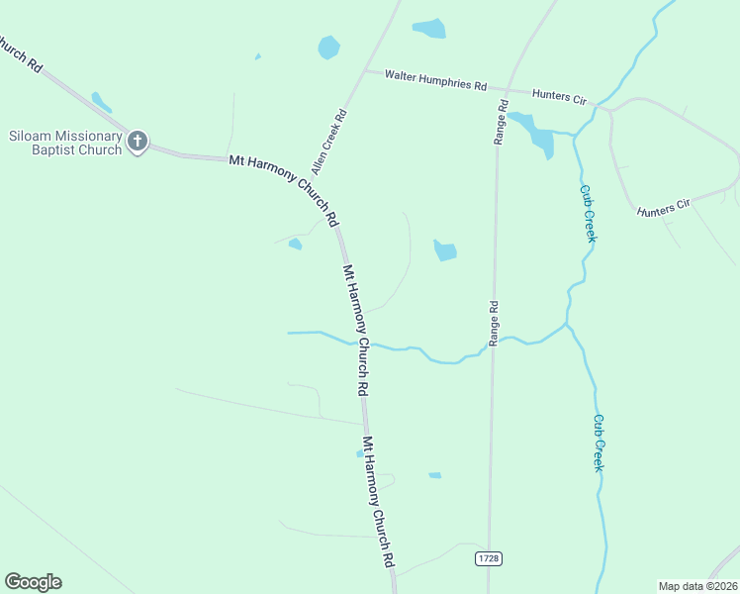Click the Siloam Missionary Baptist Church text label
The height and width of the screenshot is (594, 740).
point(65,143)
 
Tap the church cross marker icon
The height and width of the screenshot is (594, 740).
point(138,142)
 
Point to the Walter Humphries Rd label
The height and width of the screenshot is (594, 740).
point(435,80)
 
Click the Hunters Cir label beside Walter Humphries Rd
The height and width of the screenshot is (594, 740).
point(560,97)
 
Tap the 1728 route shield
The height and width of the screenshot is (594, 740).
point(488,558)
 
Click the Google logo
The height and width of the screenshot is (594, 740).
point(33,582)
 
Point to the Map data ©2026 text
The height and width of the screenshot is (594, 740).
point(697,586)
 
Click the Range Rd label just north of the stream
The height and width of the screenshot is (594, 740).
point(492,323)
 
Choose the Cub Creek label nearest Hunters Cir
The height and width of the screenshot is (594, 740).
point(588,213)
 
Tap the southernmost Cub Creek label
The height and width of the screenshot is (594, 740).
point(598,442)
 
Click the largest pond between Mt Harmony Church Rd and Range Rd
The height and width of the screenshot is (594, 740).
point(445,251)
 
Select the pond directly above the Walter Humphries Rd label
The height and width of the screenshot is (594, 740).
point(429,28)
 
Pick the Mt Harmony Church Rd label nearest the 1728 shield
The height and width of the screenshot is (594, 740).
point(378,502)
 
